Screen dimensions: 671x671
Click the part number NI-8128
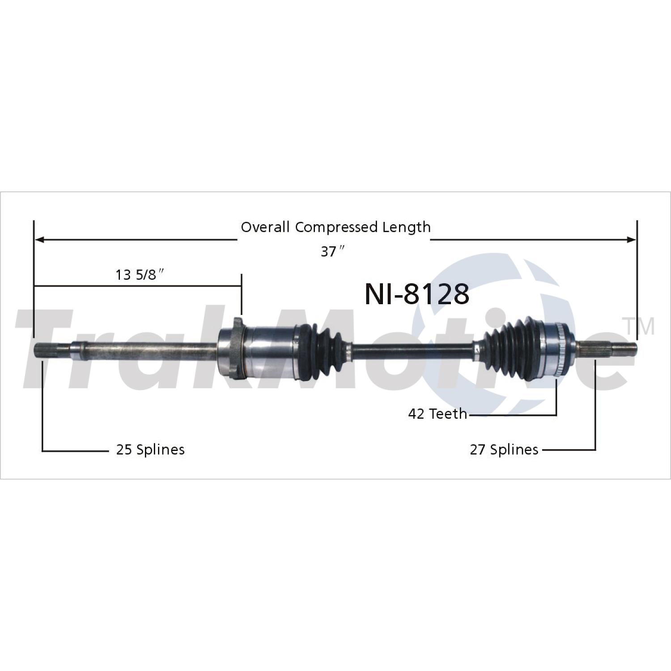[417, 294]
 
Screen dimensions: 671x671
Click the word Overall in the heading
[265, 227]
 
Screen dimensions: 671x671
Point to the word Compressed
[336, 227]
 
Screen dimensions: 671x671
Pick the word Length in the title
[406, 227]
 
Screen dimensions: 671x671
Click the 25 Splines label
[150, 450]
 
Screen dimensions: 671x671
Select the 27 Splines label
[504, 450]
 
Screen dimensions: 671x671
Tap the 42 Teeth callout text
[437, 414]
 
